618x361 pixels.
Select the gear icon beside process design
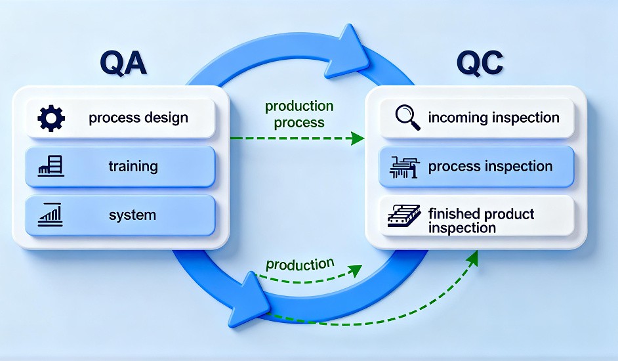click(51, 118)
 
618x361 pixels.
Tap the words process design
click(138, 118)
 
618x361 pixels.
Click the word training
click(133, 166)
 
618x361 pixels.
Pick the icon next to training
click(51, 166)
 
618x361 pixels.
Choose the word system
click(133, 215)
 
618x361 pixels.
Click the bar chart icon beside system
click(51, 214)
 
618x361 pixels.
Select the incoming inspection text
click(493, 118)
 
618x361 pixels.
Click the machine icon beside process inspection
click(403, 167)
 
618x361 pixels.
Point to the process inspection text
click(490, 167)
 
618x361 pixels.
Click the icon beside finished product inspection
click(403, 216)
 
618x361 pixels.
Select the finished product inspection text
click(480, 221)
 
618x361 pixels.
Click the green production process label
click(299, 114)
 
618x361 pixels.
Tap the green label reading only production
click(300, 265)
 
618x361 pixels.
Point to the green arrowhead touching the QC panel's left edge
click(357, 138)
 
